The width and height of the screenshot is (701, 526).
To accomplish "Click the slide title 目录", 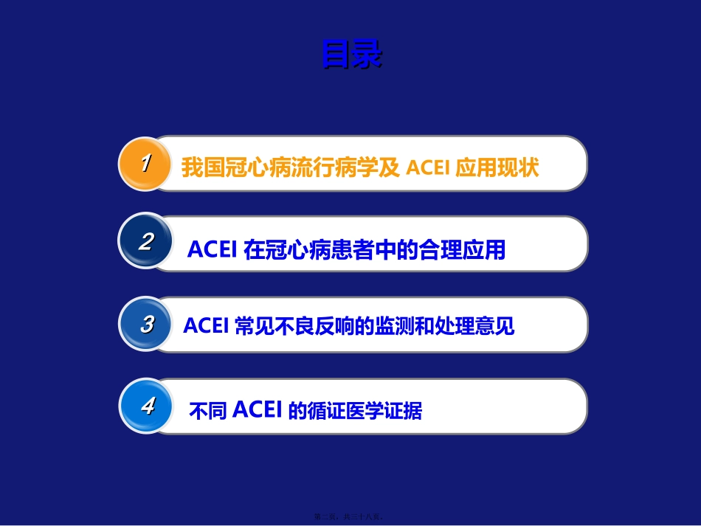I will pyautogui.click(x=352, y=55).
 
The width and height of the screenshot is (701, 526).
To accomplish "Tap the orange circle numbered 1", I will pyautogui.click(x=146, y=163).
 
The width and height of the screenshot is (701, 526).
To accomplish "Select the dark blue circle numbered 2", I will pyautogui.click(x=146, y=242).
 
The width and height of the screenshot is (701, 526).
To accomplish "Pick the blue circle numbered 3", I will pyautogui.click(x=146, y=324).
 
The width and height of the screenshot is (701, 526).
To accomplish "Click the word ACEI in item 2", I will pyautogui.click(x=211, y=250).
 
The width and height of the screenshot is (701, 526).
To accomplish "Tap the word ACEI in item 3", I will pyautogui.click(x=206, y=325).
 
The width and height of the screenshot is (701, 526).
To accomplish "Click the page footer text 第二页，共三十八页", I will pyautogui.click(x=351, y=517).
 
